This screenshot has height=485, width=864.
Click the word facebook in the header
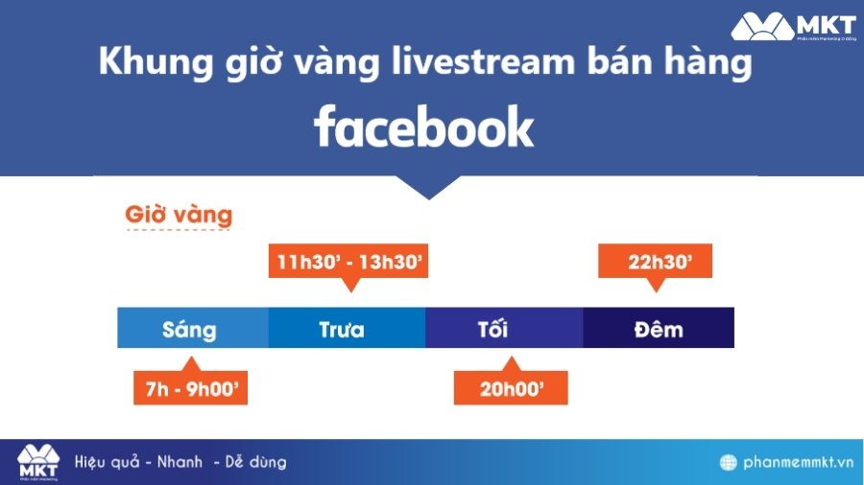(423, 127)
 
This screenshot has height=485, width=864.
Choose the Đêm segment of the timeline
(659, 329)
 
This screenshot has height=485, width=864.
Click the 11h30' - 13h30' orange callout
(350, 261)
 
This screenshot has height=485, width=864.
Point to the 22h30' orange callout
(655, 261)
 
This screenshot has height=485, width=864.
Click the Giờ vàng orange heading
(179, 214)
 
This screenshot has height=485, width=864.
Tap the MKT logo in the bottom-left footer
(38, 462)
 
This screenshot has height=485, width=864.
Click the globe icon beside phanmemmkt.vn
(729, 463)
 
